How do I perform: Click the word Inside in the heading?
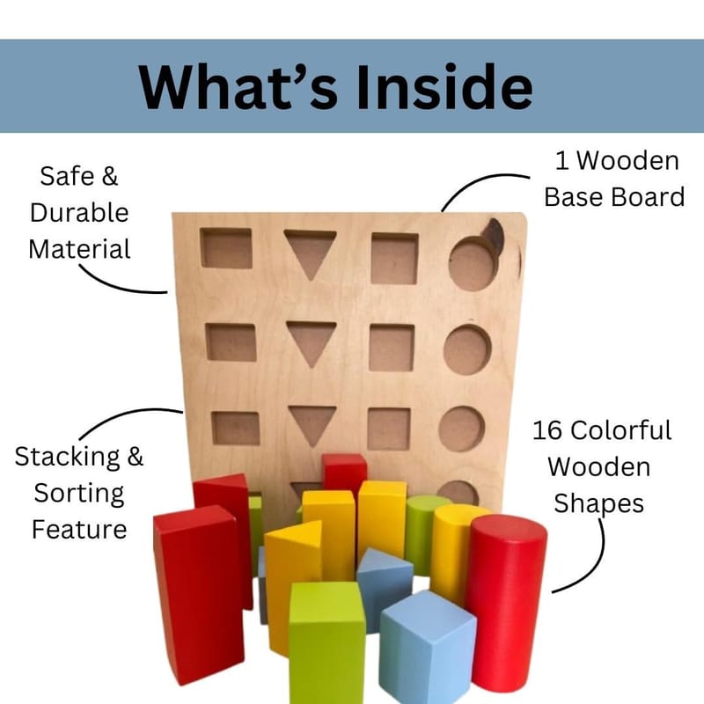444,86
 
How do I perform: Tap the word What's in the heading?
238,86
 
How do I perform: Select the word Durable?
79,212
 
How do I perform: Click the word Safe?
68,176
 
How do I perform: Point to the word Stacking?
68,458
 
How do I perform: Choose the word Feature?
79,530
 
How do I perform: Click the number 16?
547,430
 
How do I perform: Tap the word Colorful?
621,430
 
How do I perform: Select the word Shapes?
598,504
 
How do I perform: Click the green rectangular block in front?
326,643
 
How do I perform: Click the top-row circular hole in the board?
473,264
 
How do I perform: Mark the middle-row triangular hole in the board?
312,341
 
